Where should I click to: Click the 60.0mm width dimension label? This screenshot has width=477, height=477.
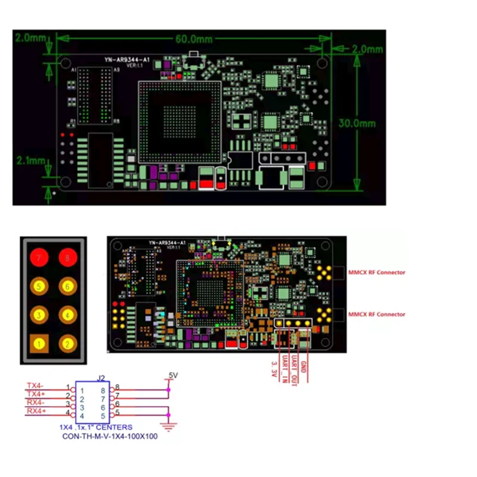tap(194, 39)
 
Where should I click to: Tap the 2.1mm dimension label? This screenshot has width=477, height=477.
tap(31, 161)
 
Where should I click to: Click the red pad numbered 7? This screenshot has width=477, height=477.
tap(39, 258)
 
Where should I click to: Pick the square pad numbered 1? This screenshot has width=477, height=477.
tap(39, 343)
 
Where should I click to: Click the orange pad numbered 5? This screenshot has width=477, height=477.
tap(39, 287)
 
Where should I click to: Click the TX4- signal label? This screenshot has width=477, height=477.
tap(36, 385)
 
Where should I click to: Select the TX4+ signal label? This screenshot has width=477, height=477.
tap(36, 394)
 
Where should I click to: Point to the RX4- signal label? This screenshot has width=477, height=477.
tap(36, 403)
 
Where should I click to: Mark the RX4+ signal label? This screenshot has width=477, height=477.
tap(36, 412)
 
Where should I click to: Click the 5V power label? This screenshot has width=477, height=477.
tap(173, 375)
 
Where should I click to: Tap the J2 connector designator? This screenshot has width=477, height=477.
tap(101, 377)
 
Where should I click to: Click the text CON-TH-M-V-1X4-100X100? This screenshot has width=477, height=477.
tap(110, 436)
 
